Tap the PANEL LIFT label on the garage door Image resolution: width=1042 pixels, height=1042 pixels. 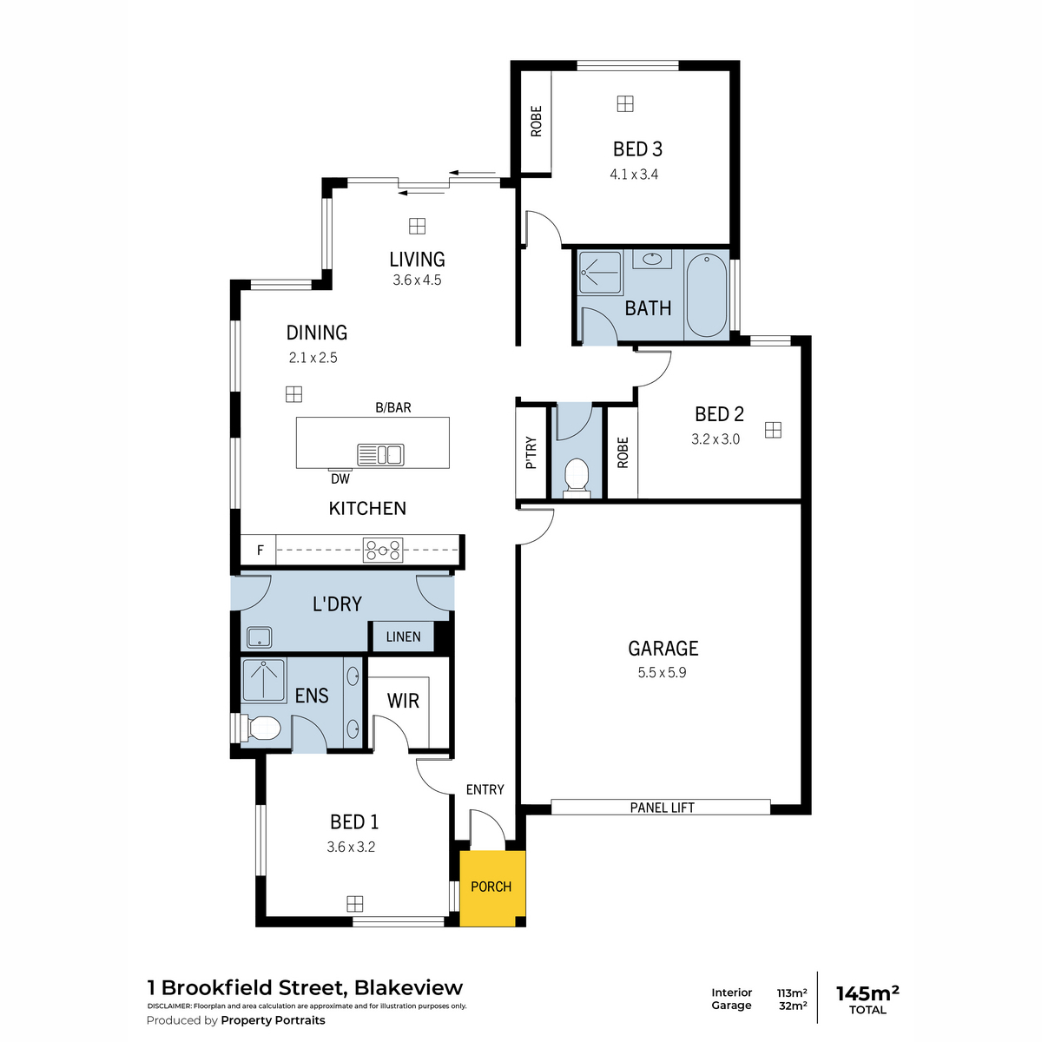(662, 808)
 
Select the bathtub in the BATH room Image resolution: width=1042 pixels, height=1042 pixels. (706, 295)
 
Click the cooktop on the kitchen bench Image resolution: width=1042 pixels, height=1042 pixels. (383, 551)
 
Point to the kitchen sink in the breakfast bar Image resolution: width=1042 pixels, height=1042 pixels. (380, 454)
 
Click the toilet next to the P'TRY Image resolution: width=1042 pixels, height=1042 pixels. (576, 478)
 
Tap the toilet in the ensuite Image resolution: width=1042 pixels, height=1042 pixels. (260, 729)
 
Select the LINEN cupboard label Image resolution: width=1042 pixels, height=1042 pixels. (404, 637)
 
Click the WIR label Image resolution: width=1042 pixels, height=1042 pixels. (403, 702)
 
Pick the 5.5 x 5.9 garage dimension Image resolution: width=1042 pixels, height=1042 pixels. (662, 673)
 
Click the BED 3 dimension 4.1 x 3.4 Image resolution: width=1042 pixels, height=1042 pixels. (634, 175)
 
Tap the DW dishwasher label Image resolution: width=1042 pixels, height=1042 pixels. (340, 478)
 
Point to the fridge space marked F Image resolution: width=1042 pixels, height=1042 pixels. (260, 551)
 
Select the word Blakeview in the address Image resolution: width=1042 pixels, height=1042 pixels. (408, 988)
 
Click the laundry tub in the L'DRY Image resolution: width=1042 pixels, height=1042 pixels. (260, 637)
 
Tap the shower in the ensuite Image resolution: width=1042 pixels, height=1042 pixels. (263, 680)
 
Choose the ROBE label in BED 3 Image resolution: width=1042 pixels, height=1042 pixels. (536, 121)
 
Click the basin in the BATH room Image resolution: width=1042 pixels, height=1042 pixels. (652, 259)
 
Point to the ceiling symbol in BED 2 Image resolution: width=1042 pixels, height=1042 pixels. (773, 431)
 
